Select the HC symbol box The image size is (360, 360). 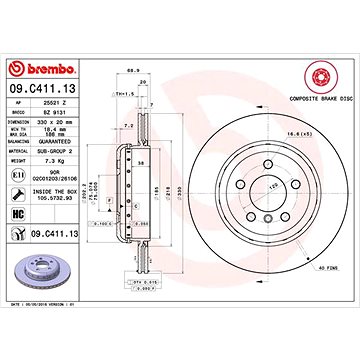pyautogui.click(x=18, y=215)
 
